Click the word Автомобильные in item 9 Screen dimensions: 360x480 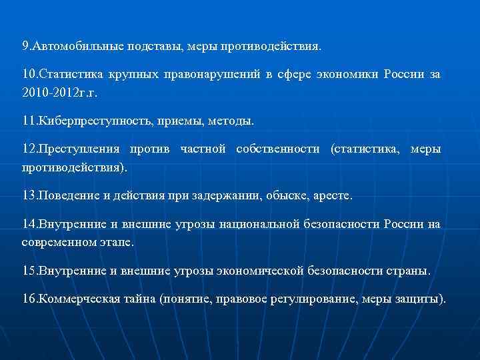coord(74,47)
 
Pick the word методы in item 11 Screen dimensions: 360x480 coord(234,121)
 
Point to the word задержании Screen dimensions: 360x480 coord(227,196)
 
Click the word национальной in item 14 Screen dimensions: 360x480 coord(251,223)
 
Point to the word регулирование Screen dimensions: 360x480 coord(311,299)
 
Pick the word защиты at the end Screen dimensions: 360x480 coord(418,299)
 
